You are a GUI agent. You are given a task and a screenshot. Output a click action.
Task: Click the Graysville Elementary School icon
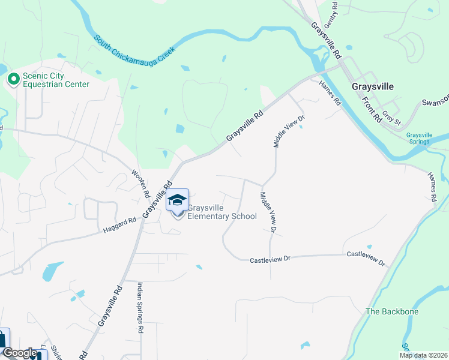point(177,200)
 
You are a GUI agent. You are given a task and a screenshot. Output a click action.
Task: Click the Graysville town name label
point(373,86)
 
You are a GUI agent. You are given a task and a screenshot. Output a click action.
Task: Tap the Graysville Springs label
point(419,139)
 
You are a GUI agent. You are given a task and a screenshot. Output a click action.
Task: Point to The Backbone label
point(392,312)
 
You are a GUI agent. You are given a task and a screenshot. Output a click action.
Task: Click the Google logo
point(20,353)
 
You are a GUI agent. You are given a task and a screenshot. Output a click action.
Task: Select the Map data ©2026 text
point(423,355)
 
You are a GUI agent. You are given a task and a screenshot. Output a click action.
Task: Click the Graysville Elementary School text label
point(222,212)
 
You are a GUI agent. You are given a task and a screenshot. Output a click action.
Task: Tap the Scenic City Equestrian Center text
point(56,80)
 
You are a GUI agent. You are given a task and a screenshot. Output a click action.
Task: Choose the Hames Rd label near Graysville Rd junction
point(330,94)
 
